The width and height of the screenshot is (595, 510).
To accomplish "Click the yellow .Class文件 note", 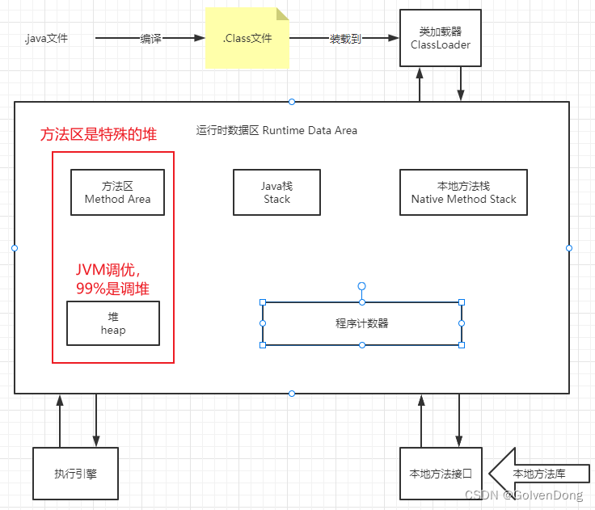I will click(x=247, y=38).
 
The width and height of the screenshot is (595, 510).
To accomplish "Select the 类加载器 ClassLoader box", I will click(x=440, y=38).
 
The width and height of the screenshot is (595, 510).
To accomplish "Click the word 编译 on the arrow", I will click(x=150, y=38).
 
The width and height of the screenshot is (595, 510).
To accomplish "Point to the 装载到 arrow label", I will click(x=345, y=38).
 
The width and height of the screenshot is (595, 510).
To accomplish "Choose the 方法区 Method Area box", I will click(x=117, y=192).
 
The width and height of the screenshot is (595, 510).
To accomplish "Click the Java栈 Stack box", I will click(x=276, y=192).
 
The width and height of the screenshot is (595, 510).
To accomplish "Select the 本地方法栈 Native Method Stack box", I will click(x=463, y=192).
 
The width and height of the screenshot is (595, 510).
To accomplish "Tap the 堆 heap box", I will click(x=113, y=323).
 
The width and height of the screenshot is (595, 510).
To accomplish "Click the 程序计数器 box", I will click(x=361, y=323).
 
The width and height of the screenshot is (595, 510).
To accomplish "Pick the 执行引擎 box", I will click(x=76, y=474).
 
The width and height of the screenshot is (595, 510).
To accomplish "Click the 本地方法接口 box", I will click(x=441, y=474).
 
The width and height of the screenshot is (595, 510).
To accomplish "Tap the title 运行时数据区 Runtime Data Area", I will click(x=276, y=130).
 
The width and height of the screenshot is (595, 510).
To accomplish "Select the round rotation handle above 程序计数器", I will click(x=362, y=286).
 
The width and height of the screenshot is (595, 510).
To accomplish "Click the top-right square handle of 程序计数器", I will click(x=462, y=302).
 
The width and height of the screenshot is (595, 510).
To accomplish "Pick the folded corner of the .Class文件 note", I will click(x=283, y=14).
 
